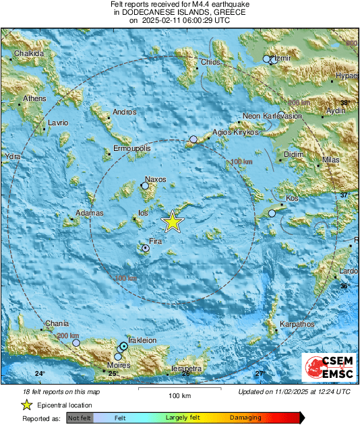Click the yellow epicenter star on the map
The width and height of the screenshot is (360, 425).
[x=173, y=222]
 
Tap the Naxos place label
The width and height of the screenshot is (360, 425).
[x=156, y=180]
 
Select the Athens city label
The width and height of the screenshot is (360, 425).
[x=34, y=98]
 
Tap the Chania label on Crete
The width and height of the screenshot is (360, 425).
[x=57, y=324]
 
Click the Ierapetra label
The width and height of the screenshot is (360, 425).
[x=186, y=368]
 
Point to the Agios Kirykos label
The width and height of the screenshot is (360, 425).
[x=236, y=133]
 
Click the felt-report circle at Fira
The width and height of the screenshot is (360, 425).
[x=146, y=249]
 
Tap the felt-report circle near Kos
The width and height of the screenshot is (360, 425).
[x=272, y=213]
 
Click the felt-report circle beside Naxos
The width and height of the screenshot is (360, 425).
[x=145, y=185]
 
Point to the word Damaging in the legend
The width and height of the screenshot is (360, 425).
[x=245, y=418]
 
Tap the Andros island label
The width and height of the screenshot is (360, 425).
[x=125, y=112]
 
